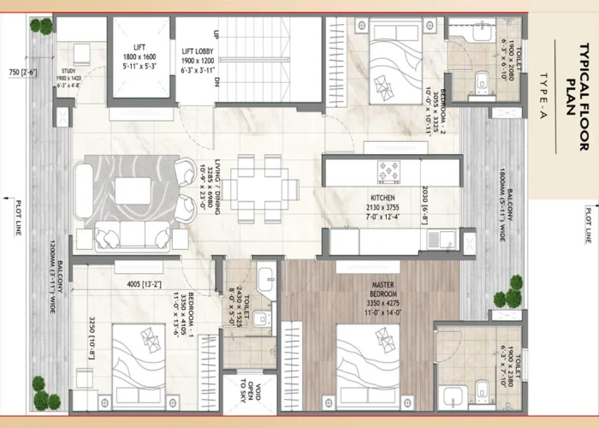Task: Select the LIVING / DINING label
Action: point(217,189)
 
